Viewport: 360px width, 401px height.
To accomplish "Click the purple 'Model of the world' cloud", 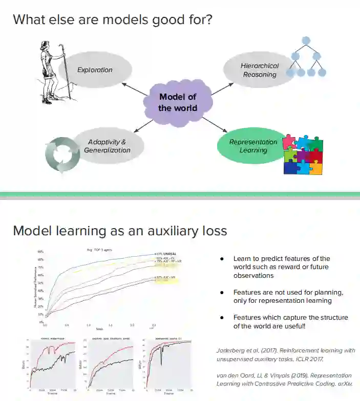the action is click(177, 102).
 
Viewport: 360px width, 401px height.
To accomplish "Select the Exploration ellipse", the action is click(95, 70).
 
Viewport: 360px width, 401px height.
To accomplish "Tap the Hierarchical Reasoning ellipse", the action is click(259, 70).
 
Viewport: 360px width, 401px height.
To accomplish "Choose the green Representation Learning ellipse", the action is click(252, 146).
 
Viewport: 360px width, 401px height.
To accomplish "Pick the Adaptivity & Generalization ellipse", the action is click(108, 146).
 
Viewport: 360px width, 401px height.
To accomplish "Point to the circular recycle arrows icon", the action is click(62, 154).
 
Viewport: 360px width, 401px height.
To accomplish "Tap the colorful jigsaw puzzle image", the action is click(303, 154).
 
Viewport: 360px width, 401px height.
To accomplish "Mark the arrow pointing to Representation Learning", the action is click(214, 126).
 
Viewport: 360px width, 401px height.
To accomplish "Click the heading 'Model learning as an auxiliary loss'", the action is click(120, 231).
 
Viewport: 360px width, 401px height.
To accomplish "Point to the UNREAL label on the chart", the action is click(170, 254).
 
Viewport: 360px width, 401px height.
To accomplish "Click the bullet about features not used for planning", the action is click(288, 296).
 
